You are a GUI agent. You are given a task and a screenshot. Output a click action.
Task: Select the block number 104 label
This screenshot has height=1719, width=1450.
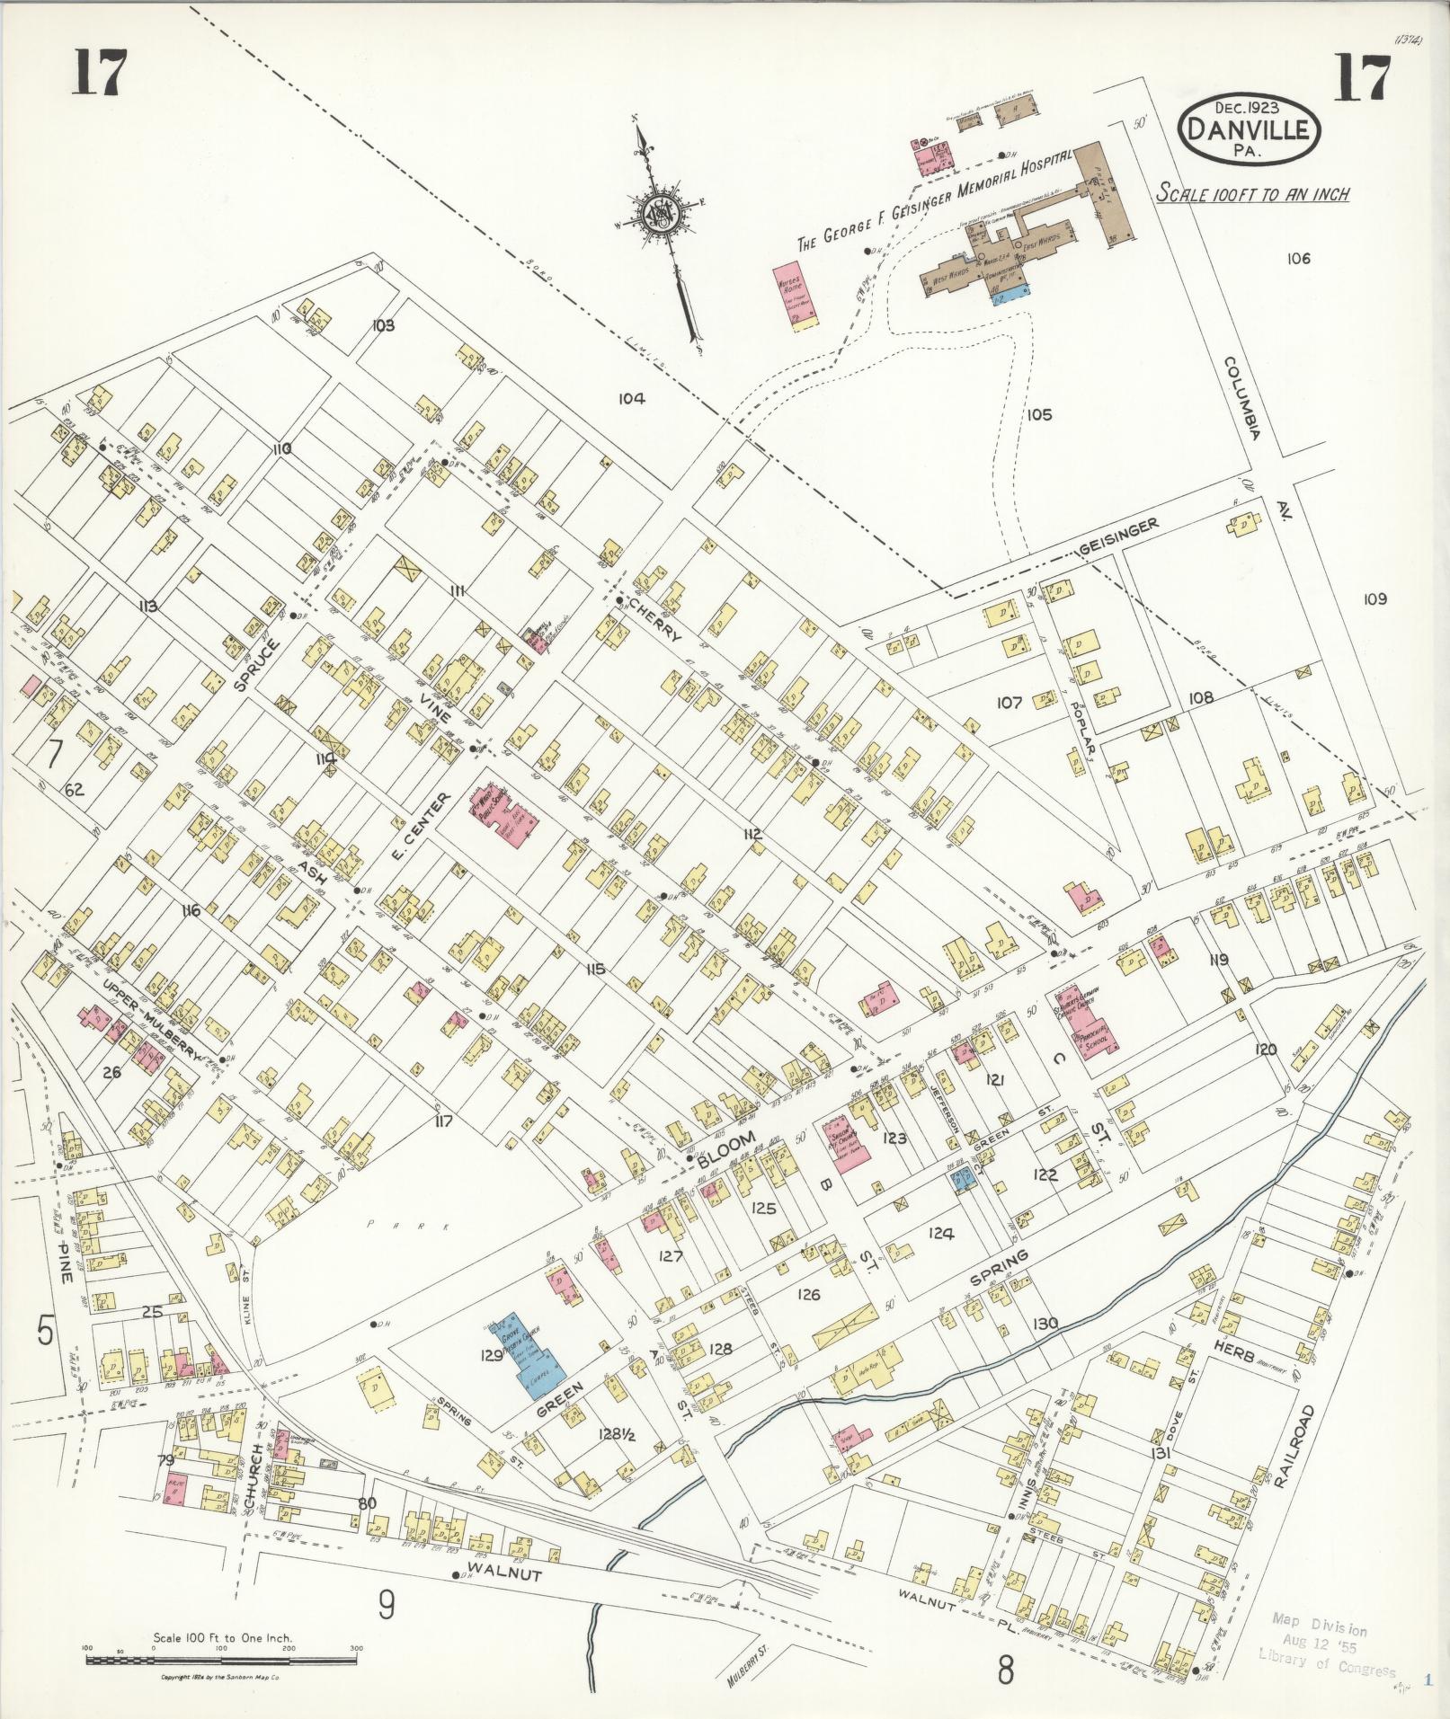(631, 398)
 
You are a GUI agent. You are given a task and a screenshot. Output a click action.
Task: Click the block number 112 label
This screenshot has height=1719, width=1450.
(752, 835)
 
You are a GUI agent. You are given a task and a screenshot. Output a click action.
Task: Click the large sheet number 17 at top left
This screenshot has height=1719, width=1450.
(98, 73)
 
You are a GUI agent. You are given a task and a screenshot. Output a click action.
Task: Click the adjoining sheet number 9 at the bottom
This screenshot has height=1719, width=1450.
(387, 1604)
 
